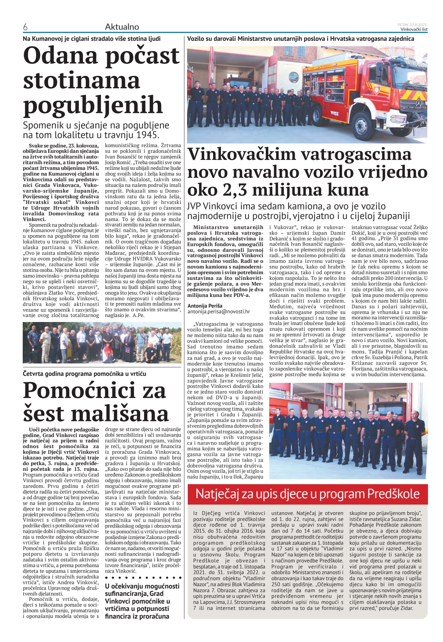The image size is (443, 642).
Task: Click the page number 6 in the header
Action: [25, 27]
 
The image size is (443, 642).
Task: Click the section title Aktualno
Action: [122, 27]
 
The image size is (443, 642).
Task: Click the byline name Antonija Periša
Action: [205, 306]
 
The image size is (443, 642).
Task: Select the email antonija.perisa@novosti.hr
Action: [218, 312]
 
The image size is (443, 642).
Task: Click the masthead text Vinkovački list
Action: [414, 29]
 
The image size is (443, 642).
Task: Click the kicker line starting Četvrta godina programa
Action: [85, 374]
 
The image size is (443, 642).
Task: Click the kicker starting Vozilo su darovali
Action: [301, 39]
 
